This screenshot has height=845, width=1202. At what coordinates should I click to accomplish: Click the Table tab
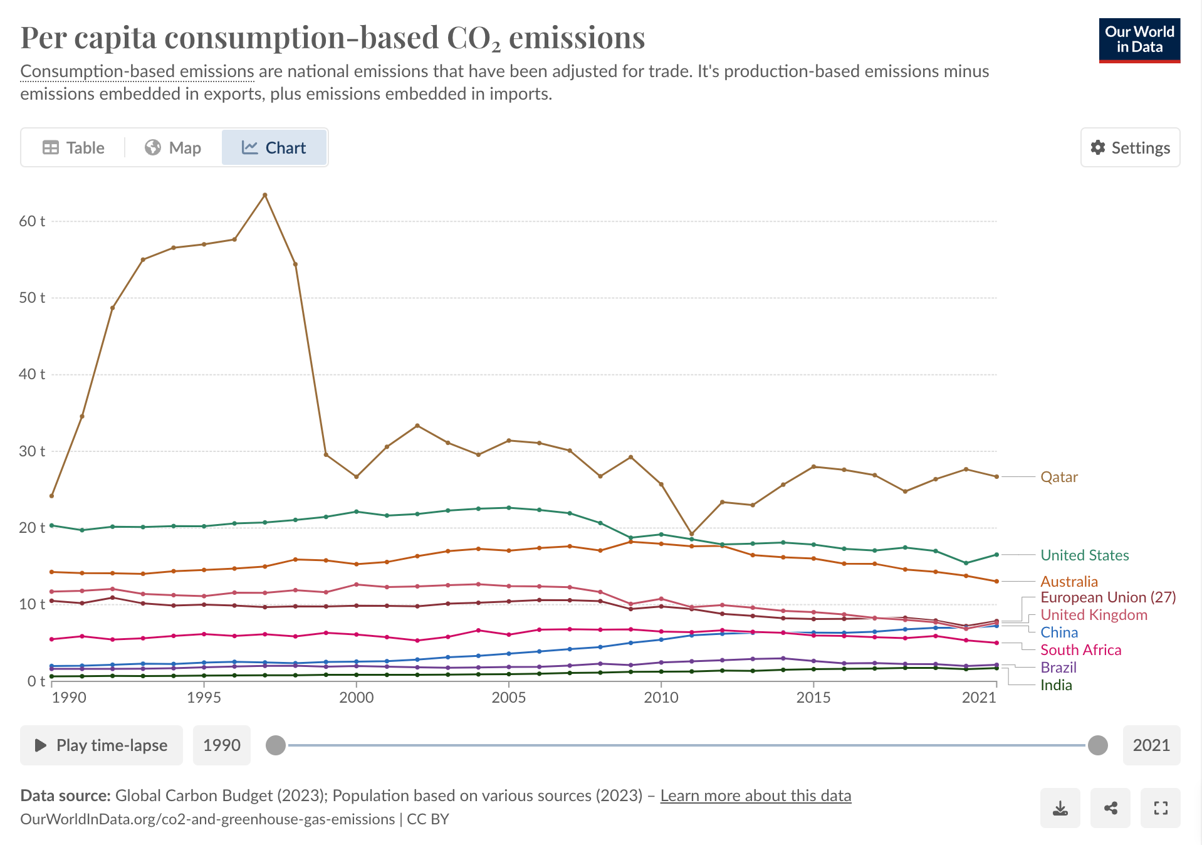[x=73, y=148]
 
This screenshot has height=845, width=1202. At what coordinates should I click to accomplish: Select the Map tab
[x=173, y=148]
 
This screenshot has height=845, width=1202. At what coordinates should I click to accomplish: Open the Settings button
[x=1130, y=148]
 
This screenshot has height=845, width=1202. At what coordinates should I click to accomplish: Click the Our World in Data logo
[x=1139, y=40]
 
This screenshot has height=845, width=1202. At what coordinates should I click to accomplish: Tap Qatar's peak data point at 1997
[x=265, y=195]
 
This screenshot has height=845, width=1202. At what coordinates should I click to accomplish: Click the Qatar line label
[x=1058, y=477]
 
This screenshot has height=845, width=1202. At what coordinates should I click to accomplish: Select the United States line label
[x=1084, y=555]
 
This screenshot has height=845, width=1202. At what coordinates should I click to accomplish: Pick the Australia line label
[x=1069, y=582]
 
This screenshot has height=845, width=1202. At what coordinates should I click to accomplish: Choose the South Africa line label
[x=1080, y=650]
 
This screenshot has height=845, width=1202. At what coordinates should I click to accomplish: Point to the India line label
[x=1056, y=685]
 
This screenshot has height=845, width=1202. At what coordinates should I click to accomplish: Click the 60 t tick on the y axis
[x=32, y=221]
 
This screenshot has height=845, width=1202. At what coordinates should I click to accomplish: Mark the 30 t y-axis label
[x=32, y=451]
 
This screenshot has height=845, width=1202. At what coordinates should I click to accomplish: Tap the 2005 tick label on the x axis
[x=508, y=698]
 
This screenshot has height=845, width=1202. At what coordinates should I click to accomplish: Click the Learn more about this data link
[x=755, y=795]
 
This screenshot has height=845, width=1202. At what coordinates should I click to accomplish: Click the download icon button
[x=1060, y=808]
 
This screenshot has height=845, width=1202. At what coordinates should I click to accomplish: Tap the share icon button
[x=1111, y=808]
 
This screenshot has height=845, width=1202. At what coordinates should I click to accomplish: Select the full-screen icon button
[x=1161, y=808]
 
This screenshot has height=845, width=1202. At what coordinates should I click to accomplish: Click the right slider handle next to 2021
[x=1097, y=745]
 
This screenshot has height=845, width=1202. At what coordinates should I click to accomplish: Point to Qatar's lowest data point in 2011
[x=692, y=534]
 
